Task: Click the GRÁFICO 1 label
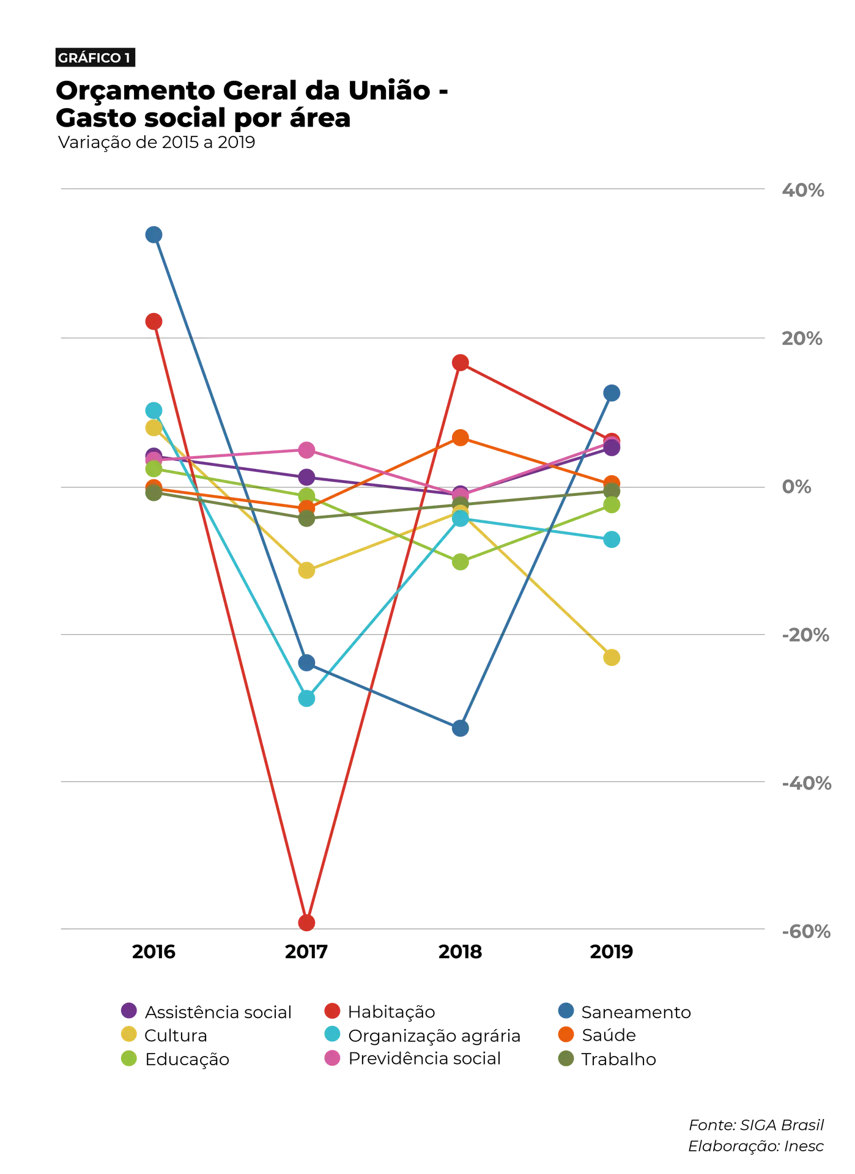(94, 58)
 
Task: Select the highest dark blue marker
(154, 234)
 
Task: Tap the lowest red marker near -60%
(307, 921)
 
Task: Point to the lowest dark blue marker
(461, 728)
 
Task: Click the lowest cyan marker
(307, 698)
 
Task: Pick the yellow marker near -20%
(612, 658)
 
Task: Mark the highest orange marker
(462, 437)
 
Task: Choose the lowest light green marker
(461, 562)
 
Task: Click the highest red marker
(154, 320)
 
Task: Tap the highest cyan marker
(154, 409)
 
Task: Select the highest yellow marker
(153, 428)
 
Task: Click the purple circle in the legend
(129, 1010)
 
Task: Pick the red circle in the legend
(332, 1010)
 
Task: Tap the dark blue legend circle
(567, 1010)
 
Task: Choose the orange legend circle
(567, 1034)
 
